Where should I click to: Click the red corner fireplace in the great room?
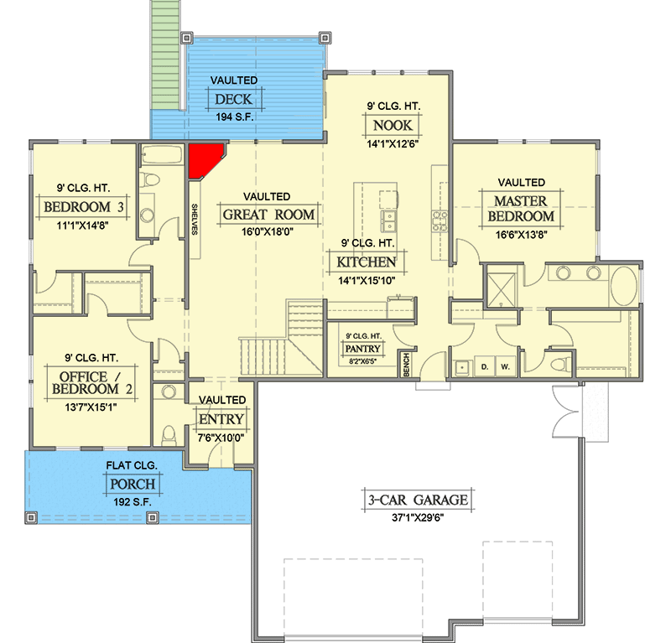tap(202, 159)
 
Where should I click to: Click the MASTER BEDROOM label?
tap(520, 209)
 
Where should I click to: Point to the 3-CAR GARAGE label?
tap(416, 500)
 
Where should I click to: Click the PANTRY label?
tap(363, 349)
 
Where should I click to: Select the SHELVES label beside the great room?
tap(194, 220)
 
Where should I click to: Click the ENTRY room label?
tap(221, 419)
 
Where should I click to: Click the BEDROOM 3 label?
tap(82, 207)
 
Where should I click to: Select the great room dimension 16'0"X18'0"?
tap(268, 233)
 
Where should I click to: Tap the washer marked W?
tap(506, 366)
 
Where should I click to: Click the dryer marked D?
tap(484, 366)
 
